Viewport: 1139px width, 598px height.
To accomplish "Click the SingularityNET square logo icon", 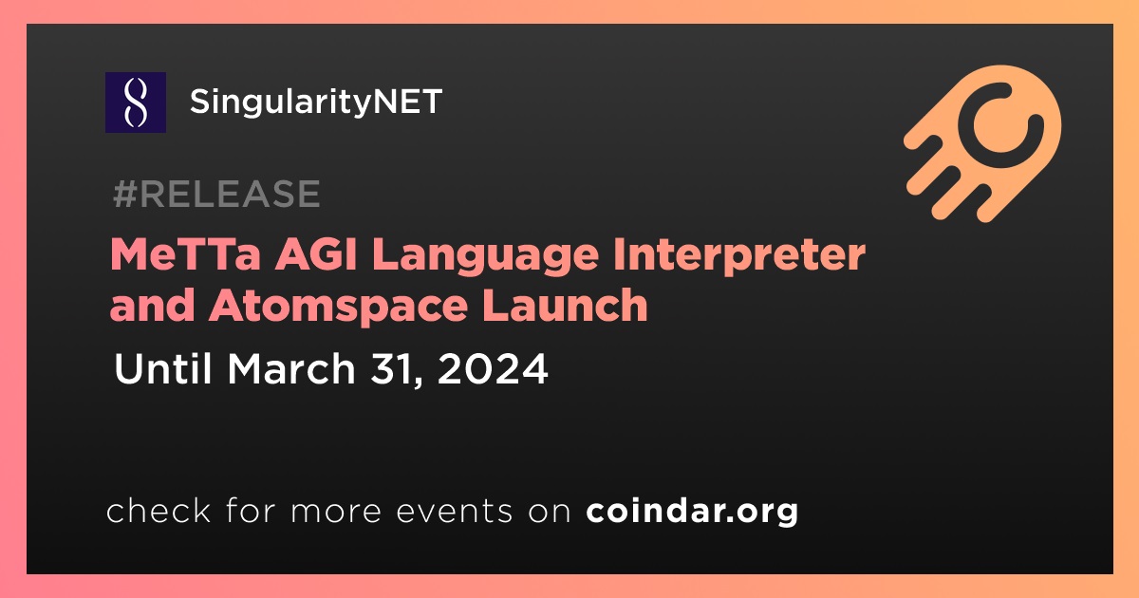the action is click(x=136, y=103).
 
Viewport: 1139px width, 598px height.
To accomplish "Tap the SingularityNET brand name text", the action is click(x=316, y=103).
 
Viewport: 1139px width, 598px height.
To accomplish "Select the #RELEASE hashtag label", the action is click(x=216, y=194).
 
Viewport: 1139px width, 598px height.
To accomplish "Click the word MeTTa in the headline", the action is click(x=186, y=254).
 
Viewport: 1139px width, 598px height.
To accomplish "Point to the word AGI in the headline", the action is click(x=317, y=254).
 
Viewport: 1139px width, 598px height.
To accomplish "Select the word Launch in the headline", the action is click(x=566, y=305).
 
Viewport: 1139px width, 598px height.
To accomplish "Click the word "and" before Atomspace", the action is click(x=153, y=305).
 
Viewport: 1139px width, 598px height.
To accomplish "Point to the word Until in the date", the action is click(x=162, y=368).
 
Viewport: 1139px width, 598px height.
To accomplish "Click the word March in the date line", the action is click(x=291, y=368).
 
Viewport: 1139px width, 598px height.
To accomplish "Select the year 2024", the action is click(x=493, y=368).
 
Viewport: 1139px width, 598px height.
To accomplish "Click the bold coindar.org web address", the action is click(x=692, y=511).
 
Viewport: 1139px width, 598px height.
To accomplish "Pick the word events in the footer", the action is click(x=455, y=512).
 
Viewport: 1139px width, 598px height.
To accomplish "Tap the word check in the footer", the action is click(x=159, y=510).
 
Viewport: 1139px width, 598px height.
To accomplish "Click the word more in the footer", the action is click(x=336, y=514).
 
